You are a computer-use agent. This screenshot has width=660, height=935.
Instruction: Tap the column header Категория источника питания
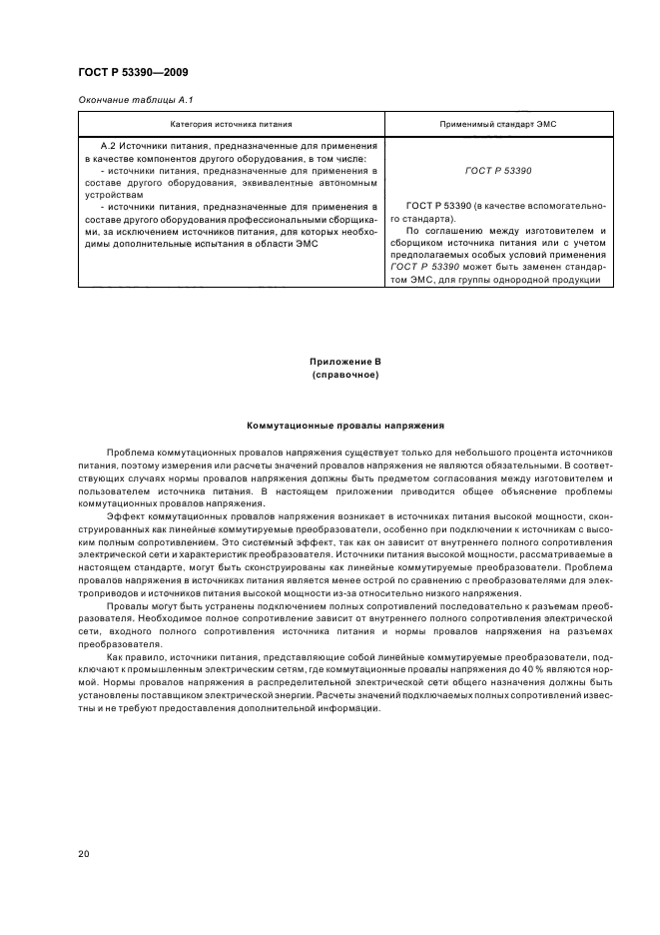tap(231, 125)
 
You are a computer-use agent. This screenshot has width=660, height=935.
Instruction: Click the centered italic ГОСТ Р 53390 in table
tap(498, 171)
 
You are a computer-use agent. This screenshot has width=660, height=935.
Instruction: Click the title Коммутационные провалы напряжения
tap(344, 426)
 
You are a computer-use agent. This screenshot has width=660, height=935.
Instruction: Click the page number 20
tap(84, 853)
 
